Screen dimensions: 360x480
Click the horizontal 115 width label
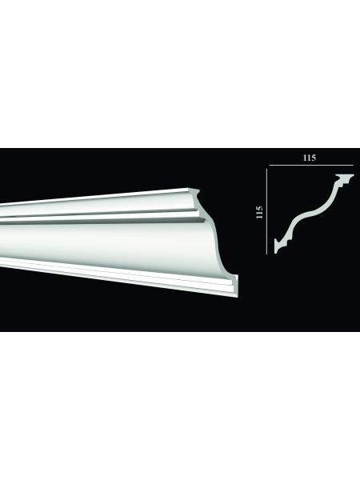(309, 158)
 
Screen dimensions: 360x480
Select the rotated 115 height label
(259, 212)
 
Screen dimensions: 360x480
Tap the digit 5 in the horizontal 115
(313, 158)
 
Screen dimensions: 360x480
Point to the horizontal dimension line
(311, 166)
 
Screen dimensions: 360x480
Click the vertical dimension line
(266, 211)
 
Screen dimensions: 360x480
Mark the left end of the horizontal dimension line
(269, 166)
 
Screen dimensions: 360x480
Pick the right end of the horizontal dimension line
(354, 166)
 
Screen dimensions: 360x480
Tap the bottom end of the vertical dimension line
(266, 254)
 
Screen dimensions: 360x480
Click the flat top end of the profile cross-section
(345, 176)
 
